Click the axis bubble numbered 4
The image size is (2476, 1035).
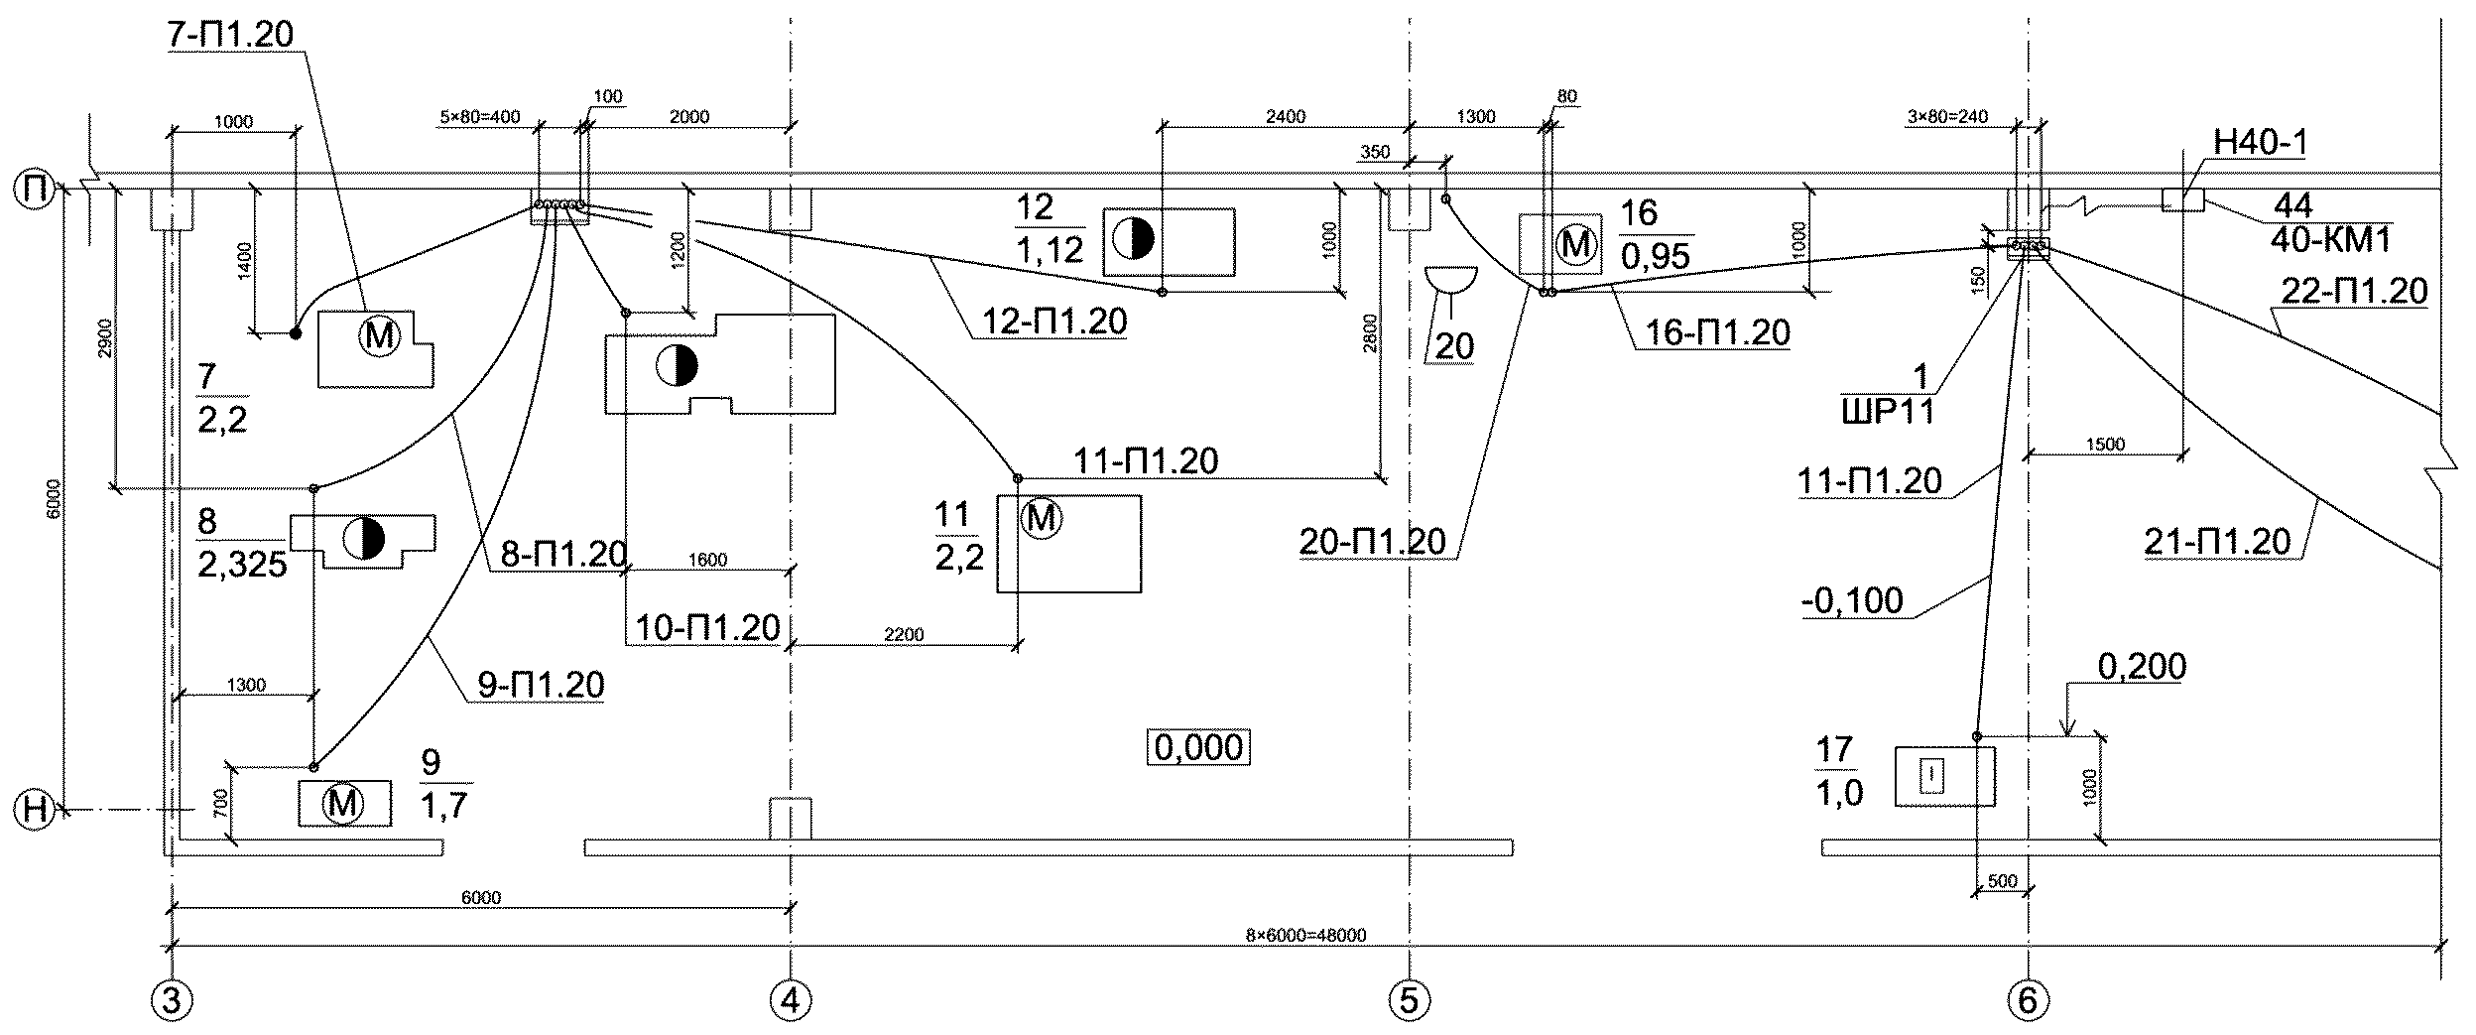point(791,1000)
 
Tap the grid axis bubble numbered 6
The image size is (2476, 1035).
point(2028,1000)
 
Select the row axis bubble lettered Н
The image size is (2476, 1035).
point(35,810)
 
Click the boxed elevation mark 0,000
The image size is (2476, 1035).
point(1199,747)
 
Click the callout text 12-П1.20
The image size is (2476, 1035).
point(1054,322)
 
